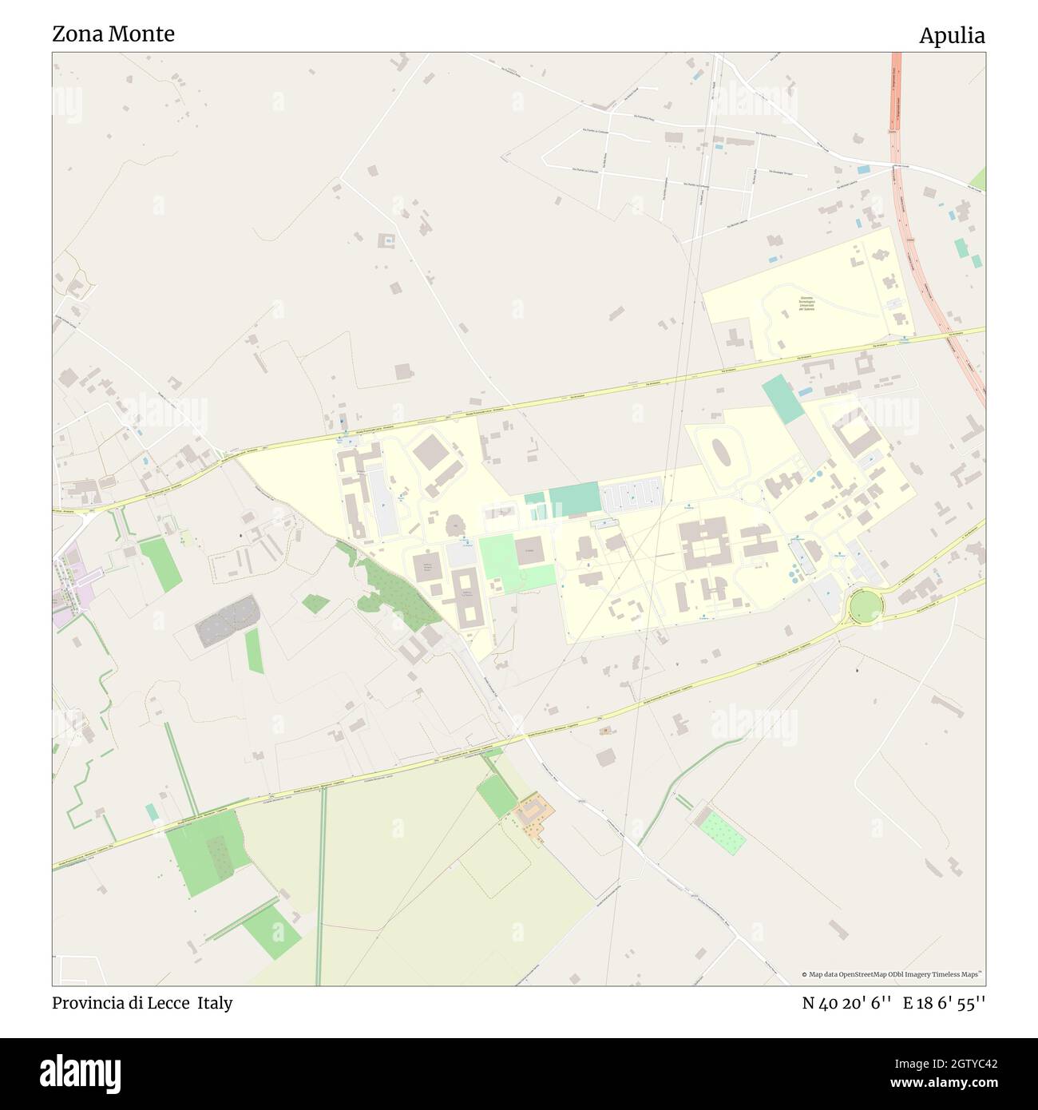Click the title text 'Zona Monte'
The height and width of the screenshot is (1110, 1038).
click(x=113, y=34)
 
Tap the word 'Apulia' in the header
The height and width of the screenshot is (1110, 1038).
click(x=952, y=36)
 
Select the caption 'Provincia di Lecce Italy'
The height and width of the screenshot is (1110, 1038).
click(x=142, y=1003)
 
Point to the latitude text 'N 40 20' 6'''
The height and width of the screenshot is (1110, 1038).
click(x=846, y=1003)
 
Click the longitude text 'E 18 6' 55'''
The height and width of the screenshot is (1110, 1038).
click(x=945, y=1003)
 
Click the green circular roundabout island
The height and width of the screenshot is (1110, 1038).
click(x=865, y=606)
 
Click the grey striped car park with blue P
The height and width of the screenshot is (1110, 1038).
click(x=632, y=497)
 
